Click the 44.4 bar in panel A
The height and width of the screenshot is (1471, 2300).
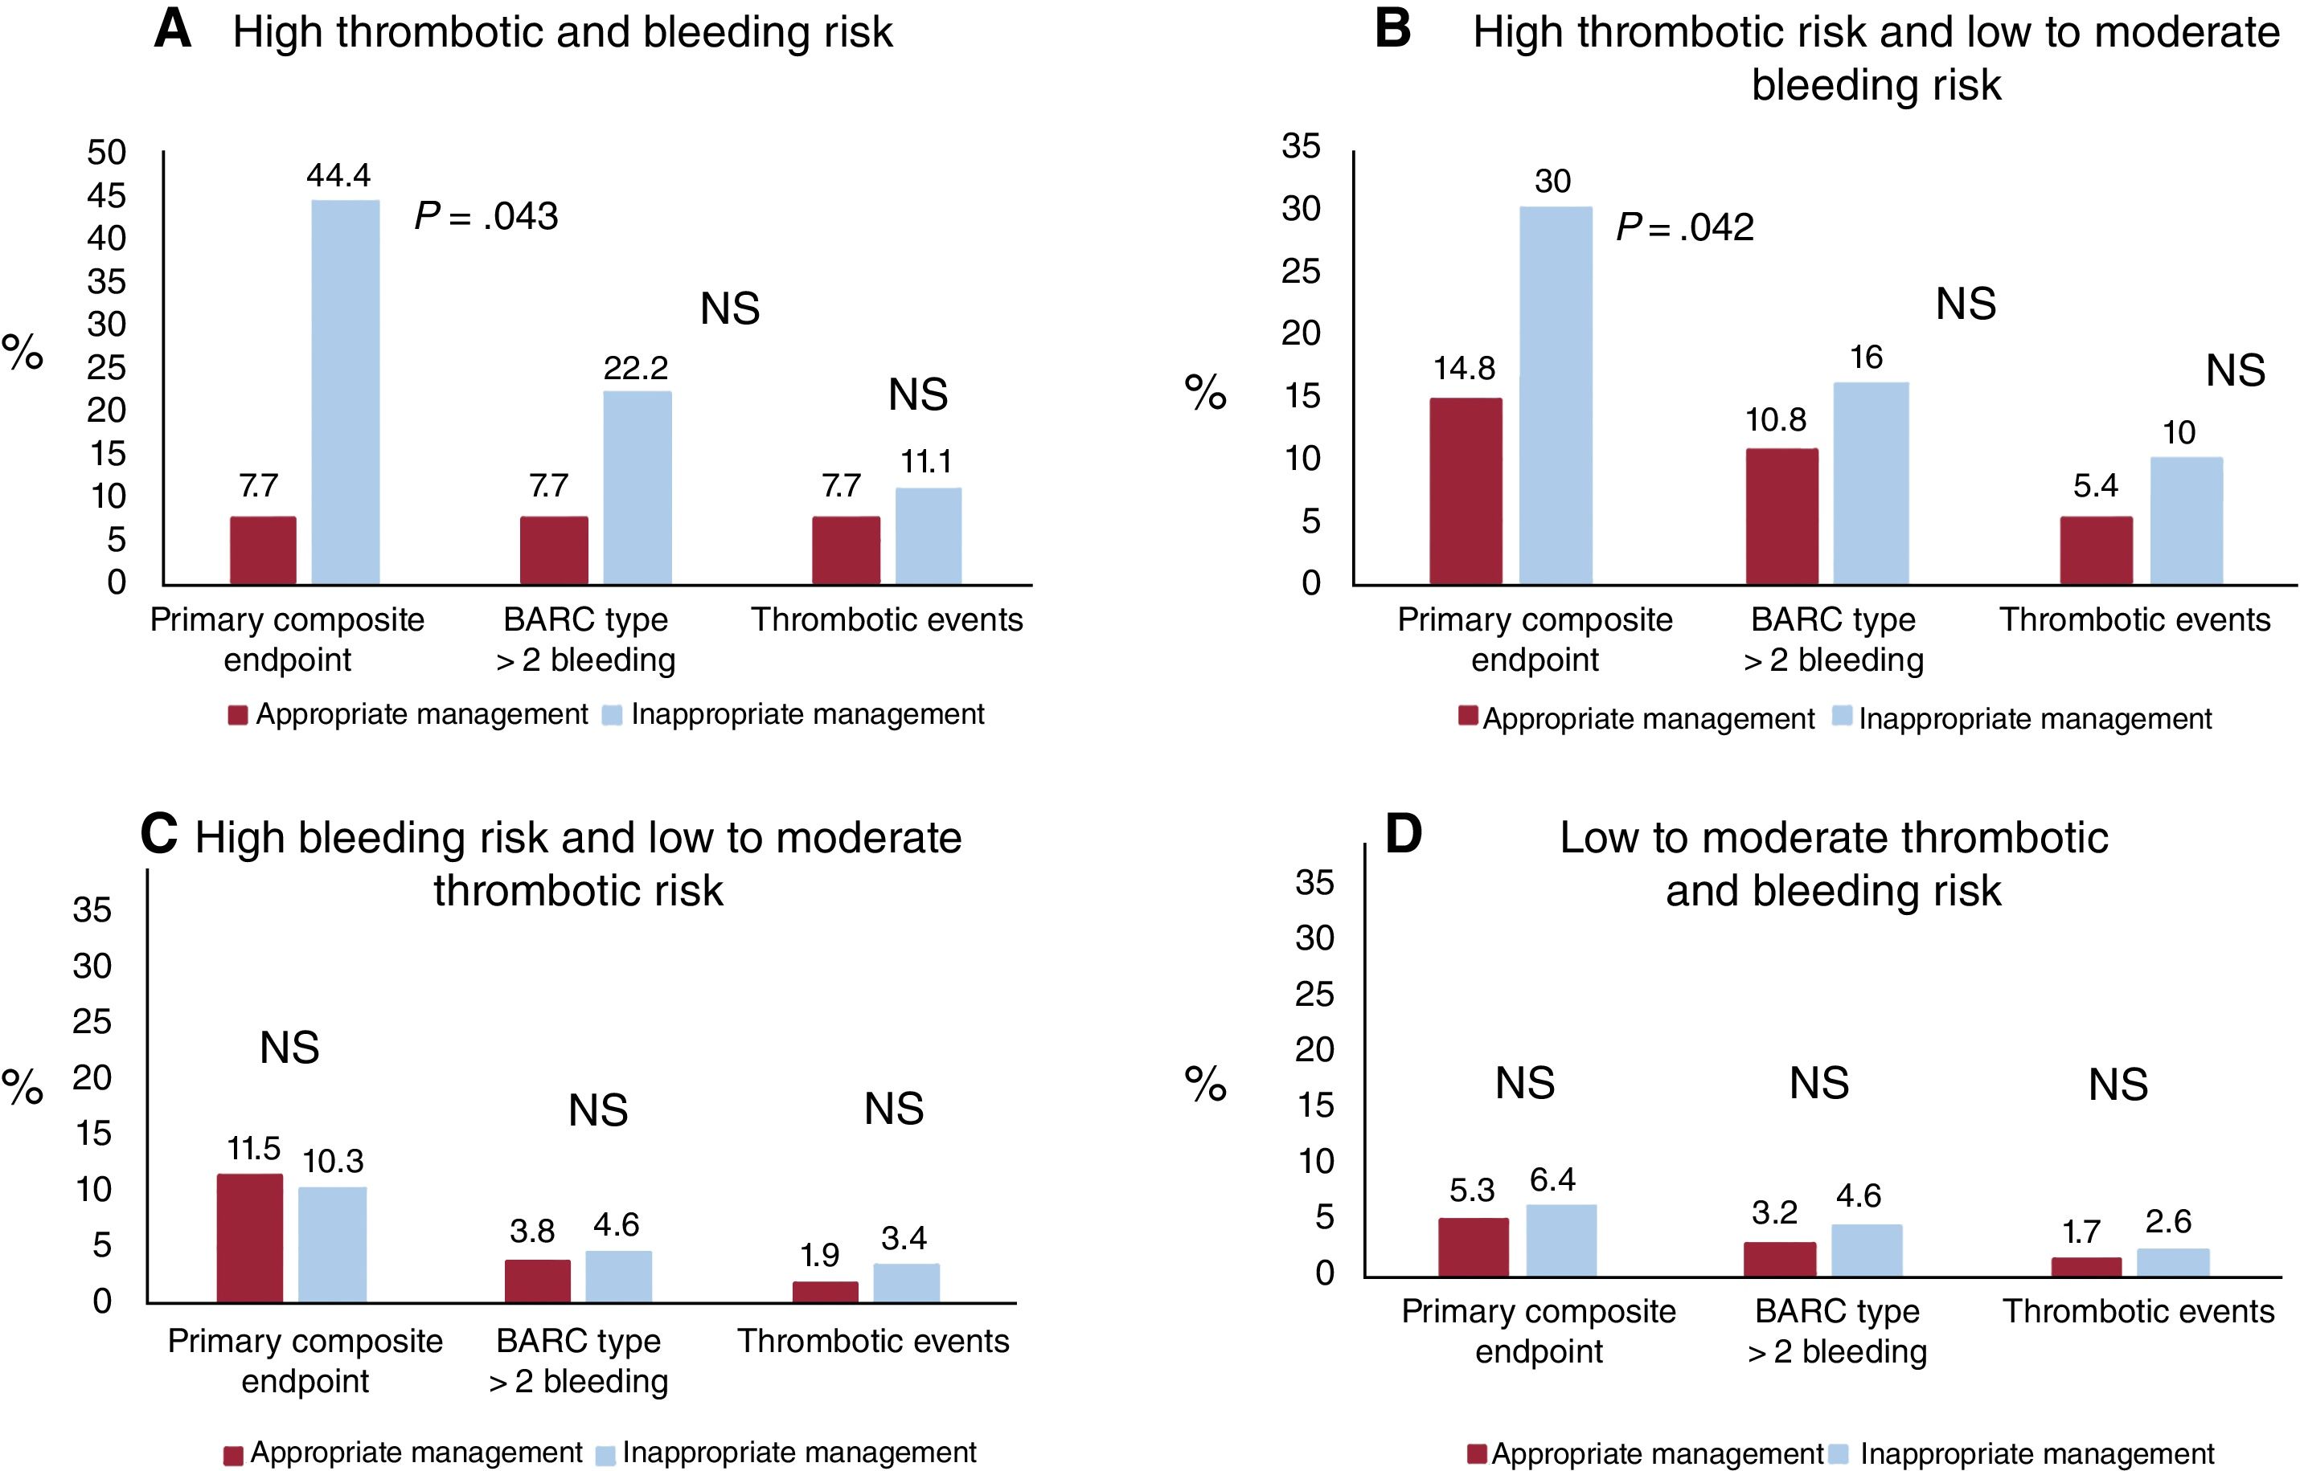345,391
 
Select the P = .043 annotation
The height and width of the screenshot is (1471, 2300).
486,217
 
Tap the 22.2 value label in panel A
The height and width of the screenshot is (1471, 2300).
635,369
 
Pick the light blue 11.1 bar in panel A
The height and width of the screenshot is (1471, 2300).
928,536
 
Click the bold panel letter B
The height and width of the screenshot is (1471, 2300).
1392,30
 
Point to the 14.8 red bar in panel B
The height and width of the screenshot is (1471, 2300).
1465,491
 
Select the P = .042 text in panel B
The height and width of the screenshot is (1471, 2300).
1685,227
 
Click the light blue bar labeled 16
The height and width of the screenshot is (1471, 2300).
1870,484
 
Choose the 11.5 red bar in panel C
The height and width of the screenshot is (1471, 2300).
249,1238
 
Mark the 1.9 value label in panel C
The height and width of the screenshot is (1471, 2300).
819,1255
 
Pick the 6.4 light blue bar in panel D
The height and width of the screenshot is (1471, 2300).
1560,1240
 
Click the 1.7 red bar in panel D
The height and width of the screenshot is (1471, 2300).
2086,1267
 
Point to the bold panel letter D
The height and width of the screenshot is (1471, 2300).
1403,834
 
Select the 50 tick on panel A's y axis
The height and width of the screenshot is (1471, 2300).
106,153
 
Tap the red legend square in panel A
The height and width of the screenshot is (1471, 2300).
238,716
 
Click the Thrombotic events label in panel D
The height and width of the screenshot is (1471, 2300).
2138,1311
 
